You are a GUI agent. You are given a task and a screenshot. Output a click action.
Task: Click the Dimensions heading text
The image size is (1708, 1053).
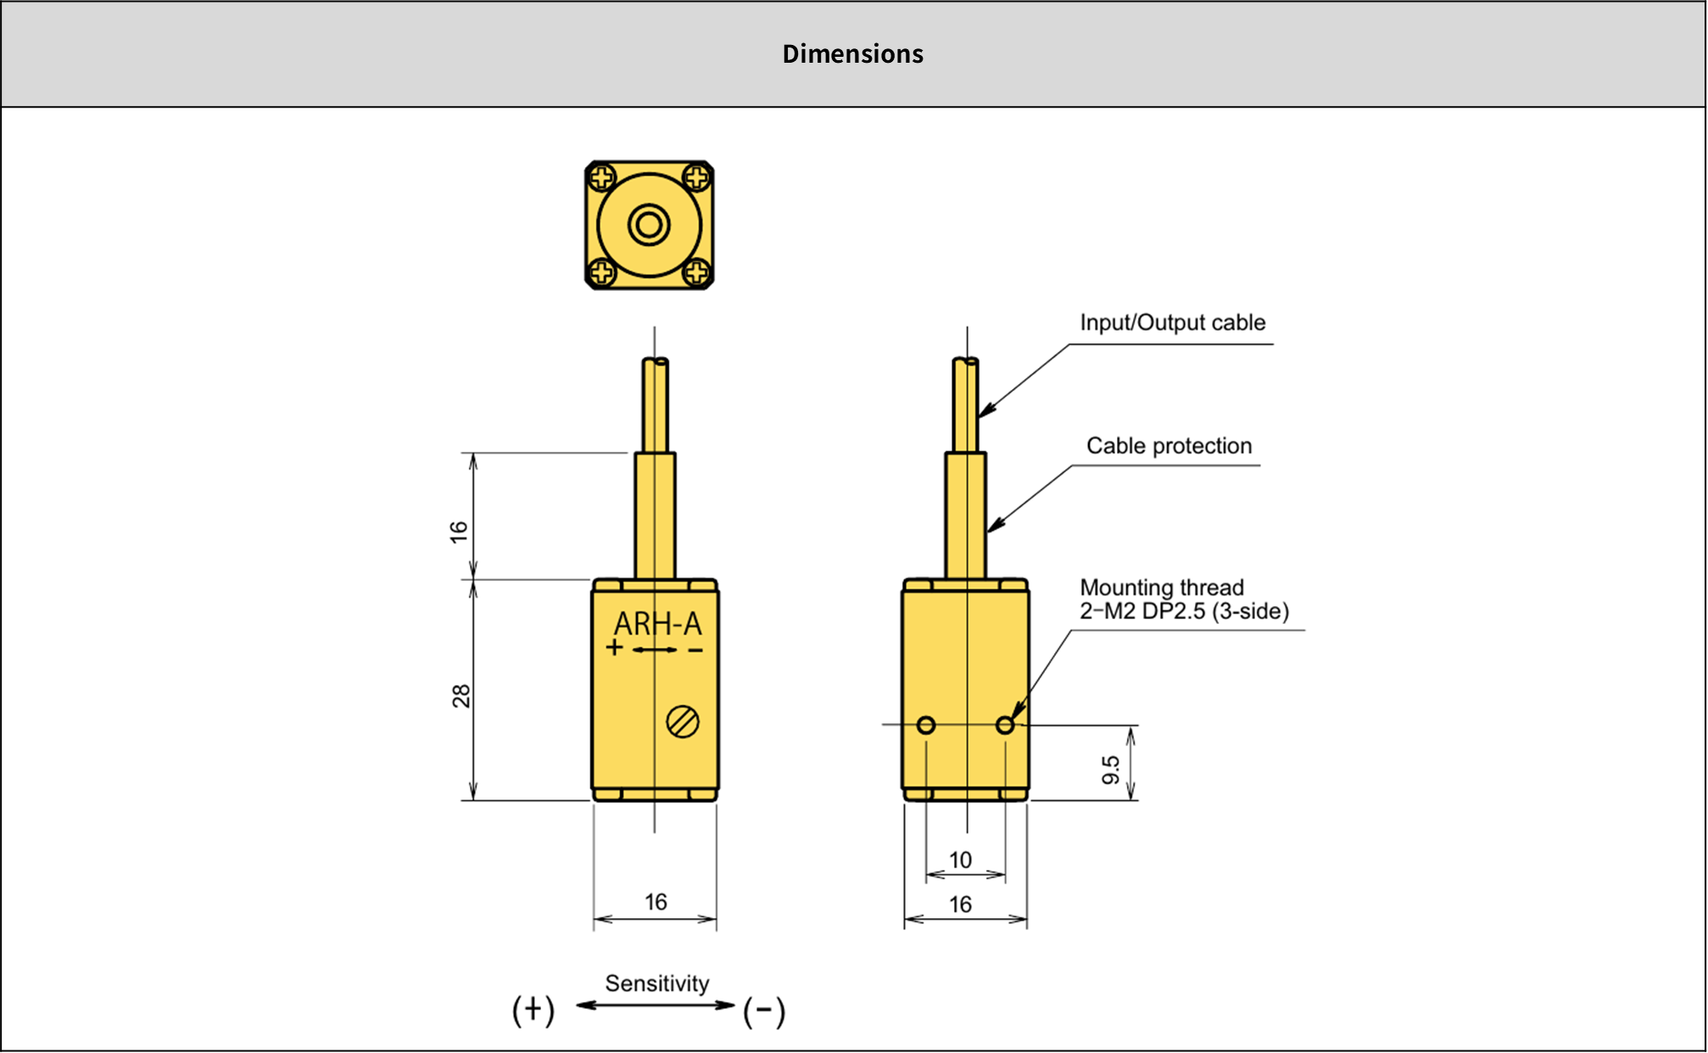(852, 53)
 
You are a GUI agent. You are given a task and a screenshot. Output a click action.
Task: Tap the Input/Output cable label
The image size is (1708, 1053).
(1172, 323)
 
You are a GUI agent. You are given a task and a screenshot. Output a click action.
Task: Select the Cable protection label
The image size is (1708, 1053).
(1169, 446)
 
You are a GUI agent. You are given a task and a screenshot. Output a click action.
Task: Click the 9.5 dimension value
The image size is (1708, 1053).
(1111, 770)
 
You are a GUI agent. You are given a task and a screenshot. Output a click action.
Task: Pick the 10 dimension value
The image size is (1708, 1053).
(960, 861)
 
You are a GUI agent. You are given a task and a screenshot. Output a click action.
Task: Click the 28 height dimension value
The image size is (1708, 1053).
(460, 696)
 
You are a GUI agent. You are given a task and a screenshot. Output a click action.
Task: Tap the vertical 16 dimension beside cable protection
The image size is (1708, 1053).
(459, 532)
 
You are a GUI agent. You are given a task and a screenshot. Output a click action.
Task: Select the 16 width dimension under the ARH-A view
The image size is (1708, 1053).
(656, 902)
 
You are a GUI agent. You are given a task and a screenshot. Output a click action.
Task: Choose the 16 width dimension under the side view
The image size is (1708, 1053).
(960, 905)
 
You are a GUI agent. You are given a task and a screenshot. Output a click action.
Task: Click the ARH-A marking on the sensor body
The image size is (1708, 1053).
(658, 624)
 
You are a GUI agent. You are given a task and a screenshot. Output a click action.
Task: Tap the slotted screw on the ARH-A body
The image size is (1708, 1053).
(683, 722)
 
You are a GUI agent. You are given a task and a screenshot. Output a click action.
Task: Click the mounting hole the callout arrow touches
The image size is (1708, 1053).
(1005, 725)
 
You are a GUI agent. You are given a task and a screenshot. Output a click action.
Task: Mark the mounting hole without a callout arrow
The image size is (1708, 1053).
(926, 725)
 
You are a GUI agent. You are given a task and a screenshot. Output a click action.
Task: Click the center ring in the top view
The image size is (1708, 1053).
(649, 226)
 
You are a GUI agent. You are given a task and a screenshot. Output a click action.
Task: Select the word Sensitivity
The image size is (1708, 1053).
(656, 983)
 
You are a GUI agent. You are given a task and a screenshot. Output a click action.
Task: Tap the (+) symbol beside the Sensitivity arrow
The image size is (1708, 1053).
(533, 1010)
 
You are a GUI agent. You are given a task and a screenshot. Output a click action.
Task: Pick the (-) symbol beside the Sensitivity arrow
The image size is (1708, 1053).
(764, 1011)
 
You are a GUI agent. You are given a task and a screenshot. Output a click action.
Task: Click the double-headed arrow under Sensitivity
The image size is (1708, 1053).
(656, 1006)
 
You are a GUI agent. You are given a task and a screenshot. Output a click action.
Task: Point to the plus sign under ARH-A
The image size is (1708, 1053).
(615, 649)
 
